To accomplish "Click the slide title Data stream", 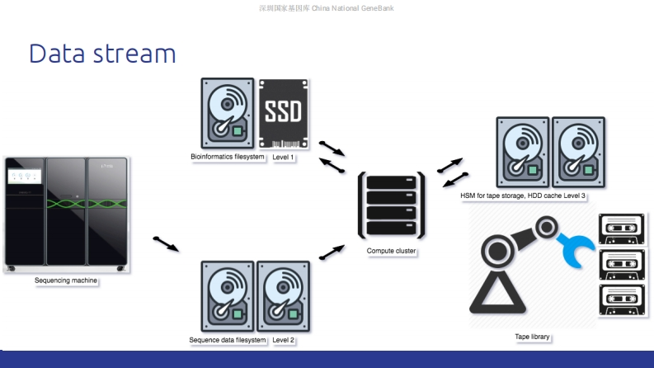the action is tap(102, 54).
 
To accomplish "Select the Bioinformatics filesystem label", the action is tap(228, 157).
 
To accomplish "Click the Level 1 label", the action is tap(283, 157).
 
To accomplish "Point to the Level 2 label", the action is tap(283, 340).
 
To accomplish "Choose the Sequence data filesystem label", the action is tap(228, 340).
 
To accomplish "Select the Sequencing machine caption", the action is tap(66, 281).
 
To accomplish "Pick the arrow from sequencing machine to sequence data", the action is tap(166, 244).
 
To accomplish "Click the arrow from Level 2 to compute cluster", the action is tap(332, 252).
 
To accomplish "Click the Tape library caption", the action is tap(532, 337).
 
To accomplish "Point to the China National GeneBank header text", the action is tap(328, 8).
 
